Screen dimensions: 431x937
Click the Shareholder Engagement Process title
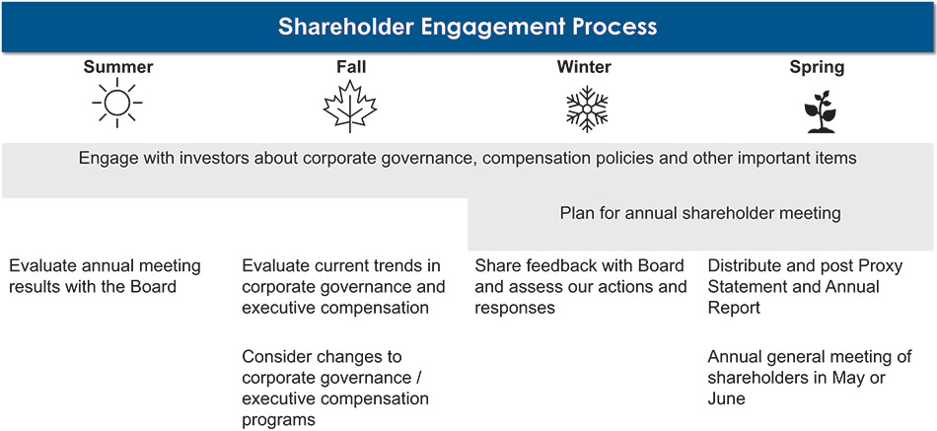coord(468,27)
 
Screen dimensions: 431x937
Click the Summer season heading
coord(118,67)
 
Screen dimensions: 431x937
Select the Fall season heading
coord(351,67)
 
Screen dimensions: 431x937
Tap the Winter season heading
coord(584,67)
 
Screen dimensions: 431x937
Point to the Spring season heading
coord(817,67)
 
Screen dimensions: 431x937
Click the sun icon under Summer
coord(117,104)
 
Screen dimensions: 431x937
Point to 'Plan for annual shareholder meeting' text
coord(700,213)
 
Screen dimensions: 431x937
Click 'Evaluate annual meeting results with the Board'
coord(105,276)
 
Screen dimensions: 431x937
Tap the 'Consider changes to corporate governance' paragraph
coord(335,388)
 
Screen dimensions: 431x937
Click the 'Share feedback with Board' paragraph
coord(581,286)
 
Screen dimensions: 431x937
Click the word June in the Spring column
coord(726,399)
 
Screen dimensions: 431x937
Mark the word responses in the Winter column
coord(515,308)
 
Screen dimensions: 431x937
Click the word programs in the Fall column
coord(278,420)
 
